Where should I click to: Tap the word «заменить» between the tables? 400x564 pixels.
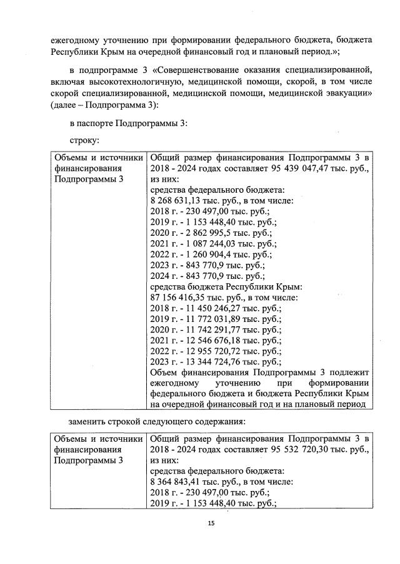(89, 421)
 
